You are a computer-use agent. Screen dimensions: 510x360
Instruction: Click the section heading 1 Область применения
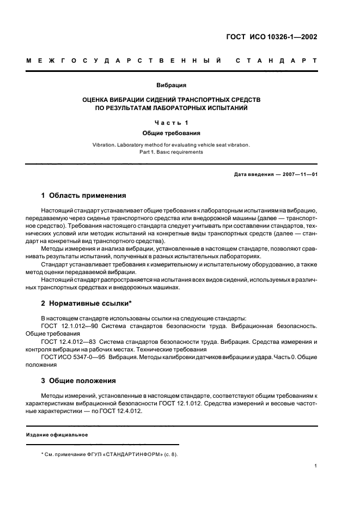click(84, 195)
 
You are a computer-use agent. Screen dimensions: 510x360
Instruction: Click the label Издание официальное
click(57, 435)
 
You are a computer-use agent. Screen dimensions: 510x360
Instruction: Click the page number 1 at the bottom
click(316, 466)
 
